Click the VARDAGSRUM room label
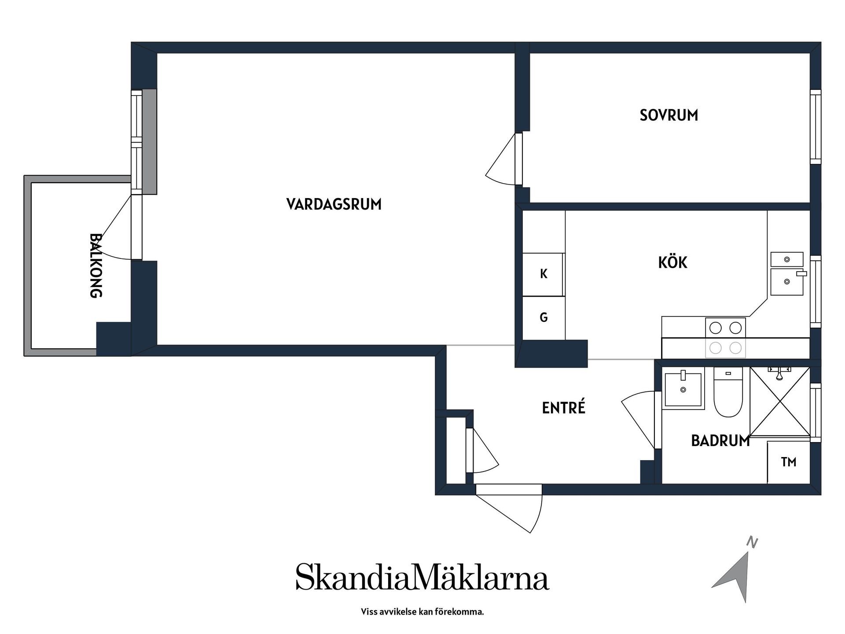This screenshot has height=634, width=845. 334,205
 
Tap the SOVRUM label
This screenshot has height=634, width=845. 669,115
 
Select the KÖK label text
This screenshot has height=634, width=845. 672,263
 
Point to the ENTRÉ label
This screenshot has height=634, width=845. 563,408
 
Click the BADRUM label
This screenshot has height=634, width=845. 720,441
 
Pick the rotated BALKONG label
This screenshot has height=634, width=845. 96,265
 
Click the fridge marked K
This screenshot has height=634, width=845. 544,274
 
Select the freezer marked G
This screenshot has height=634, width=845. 544,317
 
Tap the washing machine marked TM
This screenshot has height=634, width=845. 788,462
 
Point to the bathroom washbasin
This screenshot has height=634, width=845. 683,389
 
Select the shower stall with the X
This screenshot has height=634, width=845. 780,402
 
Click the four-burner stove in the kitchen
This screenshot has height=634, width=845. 725,338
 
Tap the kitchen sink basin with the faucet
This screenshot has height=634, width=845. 787,282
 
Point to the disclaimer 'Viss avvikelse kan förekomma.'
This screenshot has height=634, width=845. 422,612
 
